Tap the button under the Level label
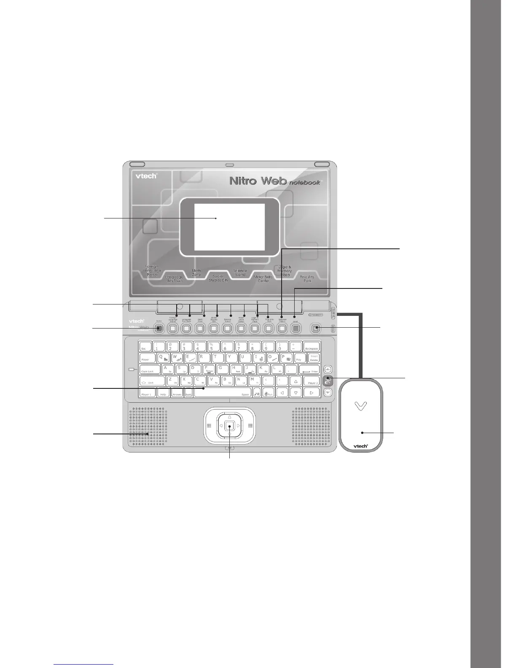tap(296, 328)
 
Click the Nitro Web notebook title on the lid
tap(274, 181)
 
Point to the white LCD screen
tap(229, 227)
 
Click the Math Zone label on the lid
tap(196, 272)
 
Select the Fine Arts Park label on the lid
tap(307, 279)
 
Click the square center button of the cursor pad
tap(229, 425)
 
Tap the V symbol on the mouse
tap(361, 406)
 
